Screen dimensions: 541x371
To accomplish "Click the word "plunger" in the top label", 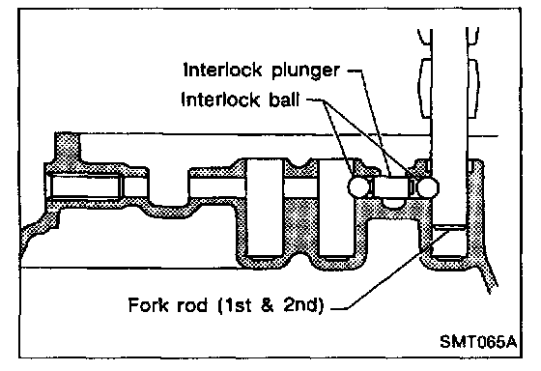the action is [305, 71].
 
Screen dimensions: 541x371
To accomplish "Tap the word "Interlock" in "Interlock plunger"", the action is [223, 70].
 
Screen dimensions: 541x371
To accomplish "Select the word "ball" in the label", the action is [284, 100].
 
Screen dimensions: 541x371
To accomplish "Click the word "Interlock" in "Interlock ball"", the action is [220, 100].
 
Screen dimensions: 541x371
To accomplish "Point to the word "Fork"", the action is [149, 305].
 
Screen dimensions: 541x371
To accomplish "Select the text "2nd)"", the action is [304, 305].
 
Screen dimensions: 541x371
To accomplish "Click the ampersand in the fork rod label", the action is [268, 305].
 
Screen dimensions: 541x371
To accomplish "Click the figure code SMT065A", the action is [478, 342].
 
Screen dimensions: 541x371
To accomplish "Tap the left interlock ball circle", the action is [358, 187].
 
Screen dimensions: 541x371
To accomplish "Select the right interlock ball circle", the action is [428, 187].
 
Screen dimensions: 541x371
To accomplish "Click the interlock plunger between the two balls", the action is [392, 187].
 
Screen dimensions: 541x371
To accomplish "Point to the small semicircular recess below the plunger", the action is [393, 203].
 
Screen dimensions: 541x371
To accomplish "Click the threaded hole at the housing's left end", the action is [85, 186].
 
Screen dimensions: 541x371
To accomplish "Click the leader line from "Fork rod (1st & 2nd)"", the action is [391, 270].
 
